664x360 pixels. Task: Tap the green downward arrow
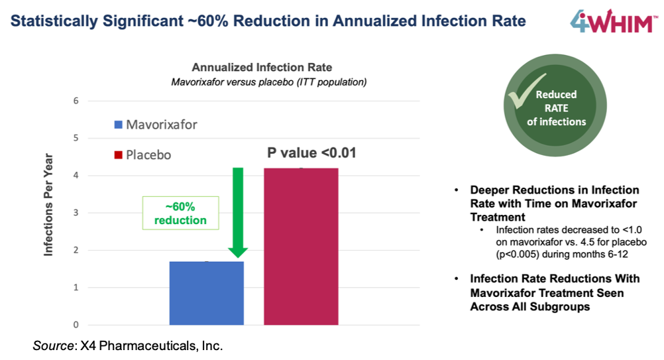click(237, 212)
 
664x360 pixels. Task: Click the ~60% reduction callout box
click(180, 213)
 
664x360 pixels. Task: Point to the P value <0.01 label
click(311, 153)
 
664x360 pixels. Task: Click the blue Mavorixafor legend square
click(118, 124)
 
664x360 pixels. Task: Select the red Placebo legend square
click(118, 155)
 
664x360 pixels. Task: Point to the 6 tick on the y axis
click(76, 101)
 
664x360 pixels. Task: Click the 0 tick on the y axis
click(76, 325)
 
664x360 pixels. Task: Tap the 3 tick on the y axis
click(76, 213)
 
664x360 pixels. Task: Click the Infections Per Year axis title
click(49, 205)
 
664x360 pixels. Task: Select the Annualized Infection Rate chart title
click(262, 68)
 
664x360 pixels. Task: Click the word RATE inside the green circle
click(557, 108)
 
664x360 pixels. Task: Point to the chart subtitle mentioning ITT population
click(269, 82)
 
